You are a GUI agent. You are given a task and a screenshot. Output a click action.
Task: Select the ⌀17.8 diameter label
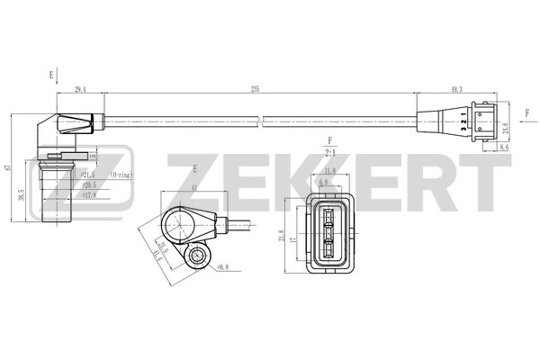(90, 194)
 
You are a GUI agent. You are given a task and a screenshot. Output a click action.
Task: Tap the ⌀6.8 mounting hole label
(223, 265)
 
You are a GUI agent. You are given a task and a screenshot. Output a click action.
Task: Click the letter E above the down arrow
(51, 75)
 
